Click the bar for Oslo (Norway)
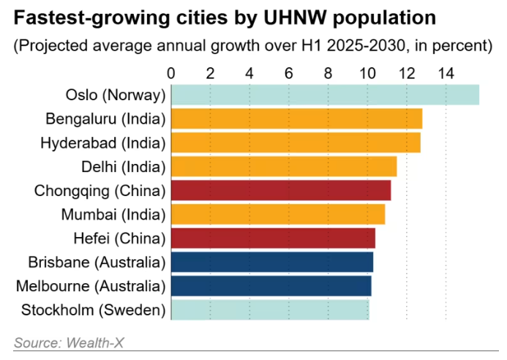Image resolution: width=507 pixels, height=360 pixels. point(325,95)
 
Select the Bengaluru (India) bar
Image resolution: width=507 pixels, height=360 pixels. point(296,119)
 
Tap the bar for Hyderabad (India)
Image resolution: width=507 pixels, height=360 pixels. point(296,143)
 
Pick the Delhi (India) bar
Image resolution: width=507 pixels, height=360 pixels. point(284,167)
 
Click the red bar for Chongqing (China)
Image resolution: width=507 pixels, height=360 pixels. point(281,190)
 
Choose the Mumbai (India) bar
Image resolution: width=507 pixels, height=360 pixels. point(278,214)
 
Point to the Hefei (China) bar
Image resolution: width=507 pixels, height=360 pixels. point(273,238)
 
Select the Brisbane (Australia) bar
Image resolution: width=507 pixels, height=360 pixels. point(272,262)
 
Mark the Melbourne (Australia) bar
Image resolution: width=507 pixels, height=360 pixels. point(271,285)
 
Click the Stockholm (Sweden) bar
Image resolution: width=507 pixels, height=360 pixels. point(270,310)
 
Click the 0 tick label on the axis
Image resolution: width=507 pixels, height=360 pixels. point(171,73)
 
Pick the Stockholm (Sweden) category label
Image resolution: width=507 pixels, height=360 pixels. point(93,310)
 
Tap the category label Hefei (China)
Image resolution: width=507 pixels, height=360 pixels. point(120,238)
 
